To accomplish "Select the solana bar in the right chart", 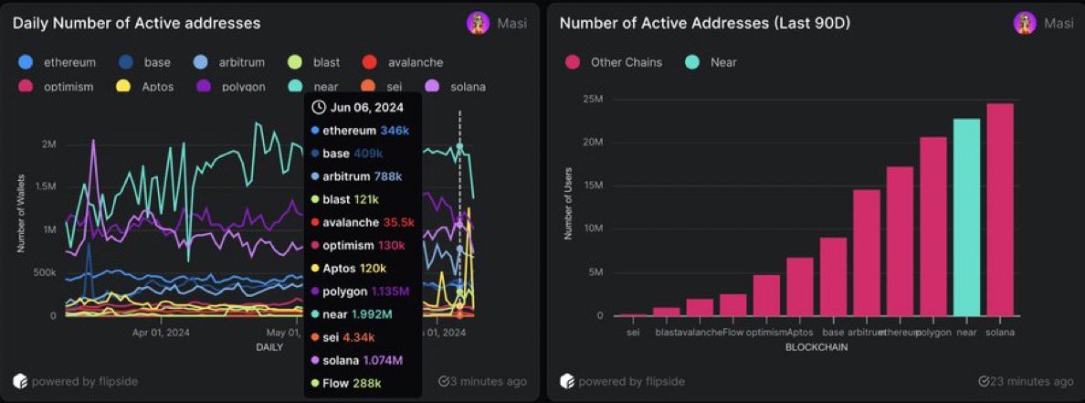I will [999, 209].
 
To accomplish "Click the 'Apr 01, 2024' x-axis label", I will [161, 334].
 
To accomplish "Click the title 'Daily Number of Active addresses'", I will [136, 23].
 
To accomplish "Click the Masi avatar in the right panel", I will [1024, 23].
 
